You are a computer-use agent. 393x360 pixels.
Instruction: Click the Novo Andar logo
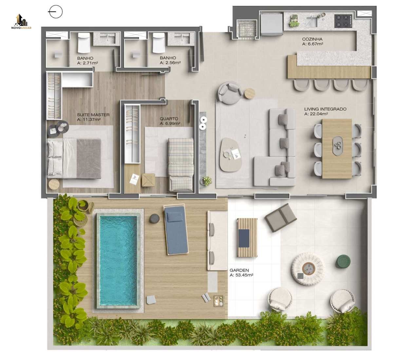[21, 22]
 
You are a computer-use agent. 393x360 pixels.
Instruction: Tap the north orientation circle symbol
[56, 12]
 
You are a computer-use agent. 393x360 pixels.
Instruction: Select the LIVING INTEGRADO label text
[325, 109]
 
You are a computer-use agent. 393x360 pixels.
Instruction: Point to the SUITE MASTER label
[93, 115]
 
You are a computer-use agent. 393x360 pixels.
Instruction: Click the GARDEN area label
[239, 270]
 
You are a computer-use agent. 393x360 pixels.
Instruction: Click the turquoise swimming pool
[118, 261]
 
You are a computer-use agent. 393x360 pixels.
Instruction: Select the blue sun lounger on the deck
[176, 230]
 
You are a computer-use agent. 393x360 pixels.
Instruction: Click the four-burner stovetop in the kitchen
[343, 21]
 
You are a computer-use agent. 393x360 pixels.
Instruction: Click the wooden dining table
[337, 149]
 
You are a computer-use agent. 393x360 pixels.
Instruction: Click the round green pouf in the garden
[344, 262]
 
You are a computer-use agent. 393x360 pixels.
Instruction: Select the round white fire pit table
[307, 269]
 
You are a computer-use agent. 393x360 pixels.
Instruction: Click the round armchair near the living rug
[230, 92]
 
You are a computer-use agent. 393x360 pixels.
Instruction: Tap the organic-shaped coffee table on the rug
[231, 155]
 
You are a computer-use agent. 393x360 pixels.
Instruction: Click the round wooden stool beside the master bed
[54, 184]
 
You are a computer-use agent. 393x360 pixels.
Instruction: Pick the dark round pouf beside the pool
[154, 218]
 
